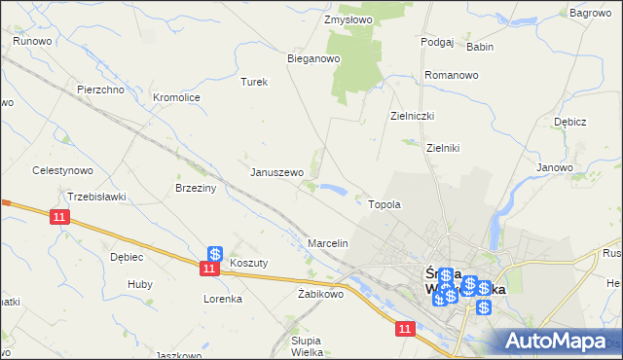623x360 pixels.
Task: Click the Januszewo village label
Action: pyautogui.click(x=277, y=172)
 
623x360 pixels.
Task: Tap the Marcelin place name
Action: pyautogui.click(x=328, y=242)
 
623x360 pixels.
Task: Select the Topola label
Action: pyautogui.click(x=385, y=205)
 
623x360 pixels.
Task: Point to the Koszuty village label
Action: pyautogui.click(x=248, y=263)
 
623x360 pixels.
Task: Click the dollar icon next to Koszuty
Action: pyautogui.click(x=215, y=254)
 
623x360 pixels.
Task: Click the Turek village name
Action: pyautogui.click(x=254, y=82)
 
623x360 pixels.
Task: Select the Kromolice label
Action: pyautogui.click(x=176, y=97)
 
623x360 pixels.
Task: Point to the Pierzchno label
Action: pyautogui.click(x=100, y=90)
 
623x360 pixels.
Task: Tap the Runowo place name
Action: pyautogui.click(x=32, y=42)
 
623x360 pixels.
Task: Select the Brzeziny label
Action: pyautogui.click(x=194, y=188)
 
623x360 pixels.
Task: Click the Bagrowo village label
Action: pyautogui.click(x=590, y=13)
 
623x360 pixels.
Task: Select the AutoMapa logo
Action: pyautogui.click(x=560, y=341)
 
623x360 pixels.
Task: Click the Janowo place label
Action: pyautogui.click(x=555, y=167)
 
